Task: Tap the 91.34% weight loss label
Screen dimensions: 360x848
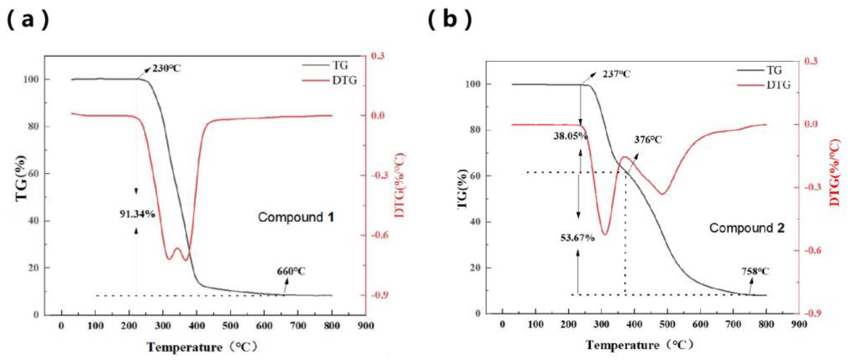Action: point(137,214)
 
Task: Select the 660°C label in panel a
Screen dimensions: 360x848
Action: point(291,271)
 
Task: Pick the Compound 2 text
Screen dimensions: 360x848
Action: point(747,228)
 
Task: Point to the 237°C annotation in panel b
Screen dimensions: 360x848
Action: point(616,74)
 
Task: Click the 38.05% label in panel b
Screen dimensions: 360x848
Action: point(570,136)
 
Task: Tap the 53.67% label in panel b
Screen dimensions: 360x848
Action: point(577,237)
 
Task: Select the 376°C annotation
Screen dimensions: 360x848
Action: point(648,140)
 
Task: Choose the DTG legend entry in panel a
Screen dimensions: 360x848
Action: point(344,80)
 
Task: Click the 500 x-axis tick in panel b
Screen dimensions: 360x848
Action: point(667,324)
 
